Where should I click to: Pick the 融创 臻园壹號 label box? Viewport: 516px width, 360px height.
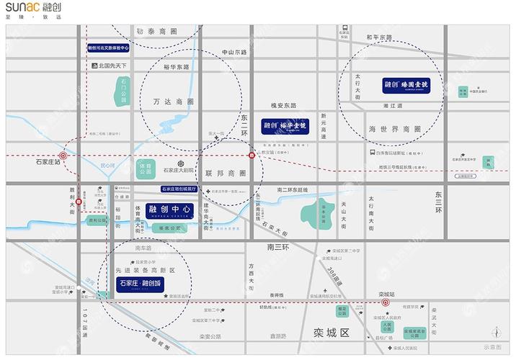pyautogui.click(x=407, y=86)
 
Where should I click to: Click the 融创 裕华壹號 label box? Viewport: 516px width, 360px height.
pyautogui.click(x=285, y=123)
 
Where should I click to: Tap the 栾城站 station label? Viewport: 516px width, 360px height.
pyautogui.click(x=387, y=294)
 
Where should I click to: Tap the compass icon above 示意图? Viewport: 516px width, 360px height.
pyautogui.click(x=497, y=332)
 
